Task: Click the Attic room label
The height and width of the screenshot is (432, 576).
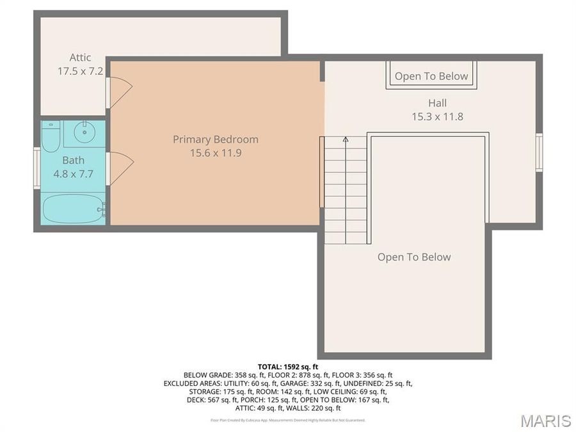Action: (x=80, y=58)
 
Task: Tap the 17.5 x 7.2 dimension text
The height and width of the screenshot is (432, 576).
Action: (x=80, y=71)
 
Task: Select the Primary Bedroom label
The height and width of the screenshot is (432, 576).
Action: (x=216, y=139)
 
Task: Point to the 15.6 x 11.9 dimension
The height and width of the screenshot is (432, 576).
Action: (x=216, y=153)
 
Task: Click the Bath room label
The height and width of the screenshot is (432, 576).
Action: (x=73, y=160)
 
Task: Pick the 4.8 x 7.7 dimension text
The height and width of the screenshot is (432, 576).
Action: (x=73, y=173)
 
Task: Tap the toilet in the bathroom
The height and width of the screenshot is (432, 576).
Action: (x=51, y=135)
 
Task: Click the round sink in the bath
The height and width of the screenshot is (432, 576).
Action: (x=84, y=133)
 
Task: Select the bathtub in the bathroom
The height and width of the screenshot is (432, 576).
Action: (x=73, y=209)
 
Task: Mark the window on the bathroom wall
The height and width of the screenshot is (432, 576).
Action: (x=37, y=168)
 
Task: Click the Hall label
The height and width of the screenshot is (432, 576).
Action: (x=437, y=103)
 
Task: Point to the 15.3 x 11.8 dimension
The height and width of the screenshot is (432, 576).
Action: (x=437, y=116)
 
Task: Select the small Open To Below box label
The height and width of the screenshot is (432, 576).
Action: (x=431, y=77)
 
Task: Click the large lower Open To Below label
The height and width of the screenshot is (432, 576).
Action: (x=414, y=257)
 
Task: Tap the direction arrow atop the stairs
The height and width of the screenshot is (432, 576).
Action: (x=346, y=140)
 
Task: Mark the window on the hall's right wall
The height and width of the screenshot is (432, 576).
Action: (x=539, y=152)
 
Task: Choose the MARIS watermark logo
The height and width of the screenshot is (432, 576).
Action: (x=545, y=420)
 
